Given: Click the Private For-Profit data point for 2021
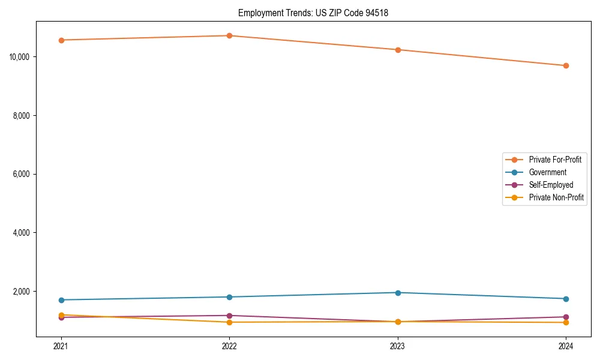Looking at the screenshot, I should click(x=61, y=40).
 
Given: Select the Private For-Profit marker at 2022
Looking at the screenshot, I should click(x=229, y=35).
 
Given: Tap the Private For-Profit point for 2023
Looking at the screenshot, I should click(x=398, y=50).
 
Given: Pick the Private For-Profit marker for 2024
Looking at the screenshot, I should click(x=566, y=65).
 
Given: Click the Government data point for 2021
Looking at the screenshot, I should click(x=61, y=300).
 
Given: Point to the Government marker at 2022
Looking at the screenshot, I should click(x=229, y=297).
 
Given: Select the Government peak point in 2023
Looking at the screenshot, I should click(x=398, y=293).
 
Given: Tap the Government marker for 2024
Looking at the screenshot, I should click(x=566, y=299).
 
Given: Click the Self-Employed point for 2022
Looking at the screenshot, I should click(x=229, y=316).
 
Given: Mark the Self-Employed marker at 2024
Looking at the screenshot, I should click(x=566, y=317).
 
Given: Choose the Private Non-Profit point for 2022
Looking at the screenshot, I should click(x=229, y=322).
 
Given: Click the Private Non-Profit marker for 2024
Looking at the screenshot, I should click(x=566, y=323).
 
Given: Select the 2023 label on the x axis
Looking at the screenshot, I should click(x=398, y=346).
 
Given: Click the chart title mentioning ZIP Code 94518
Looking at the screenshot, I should click(x=313, y=13).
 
